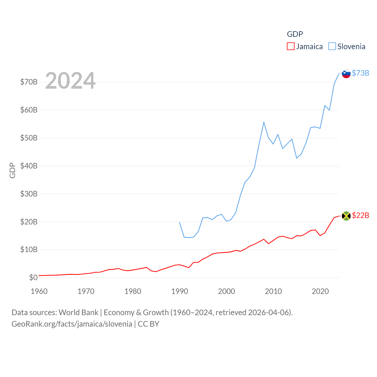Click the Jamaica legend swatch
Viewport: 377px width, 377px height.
(x=291, y=47)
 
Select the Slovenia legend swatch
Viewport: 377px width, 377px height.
(x=332, y=47)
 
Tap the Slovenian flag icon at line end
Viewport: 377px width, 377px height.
(x=346, y=73)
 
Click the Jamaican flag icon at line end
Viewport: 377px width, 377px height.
(x=346, y=216)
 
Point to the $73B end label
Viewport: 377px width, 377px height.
(x=361, y=73)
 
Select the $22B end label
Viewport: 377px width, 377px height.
(x=361, y=216)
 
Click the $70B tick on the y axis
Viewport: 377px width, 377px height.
(x=29, y=82)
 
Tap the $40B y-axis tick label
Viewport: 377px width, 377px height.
(x=29, y=166)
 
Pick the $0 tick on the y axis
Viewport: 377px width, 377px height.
(x=33, y=277)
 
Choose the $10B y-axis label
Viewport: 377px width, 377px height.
(x=29, y=250)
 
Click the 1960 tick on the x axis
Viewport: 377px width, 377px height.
(x=39, y=291)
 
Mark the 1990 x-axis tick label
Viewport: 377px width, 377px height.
(x=180, y=291)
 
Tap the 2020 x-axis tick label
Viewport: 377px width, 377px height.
(x=320, y=291)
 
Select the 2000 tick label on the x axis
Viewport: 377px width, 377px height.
(x=226, y=291)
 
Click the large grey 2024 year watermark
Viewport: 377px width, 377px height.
(x=70, y=81)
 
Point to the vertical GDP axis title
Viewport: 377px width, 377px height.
(x=12, y=170)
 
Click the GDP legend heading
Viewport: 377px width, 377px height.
(x=295, y=34)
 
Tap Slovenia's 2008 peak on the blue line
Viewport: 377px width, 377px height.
(x=264, y=122)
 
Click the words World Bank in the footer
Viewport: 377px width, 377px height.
(x=78, y=312)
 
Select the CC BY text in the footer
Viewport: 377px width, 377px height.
(x=148, y=324)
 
